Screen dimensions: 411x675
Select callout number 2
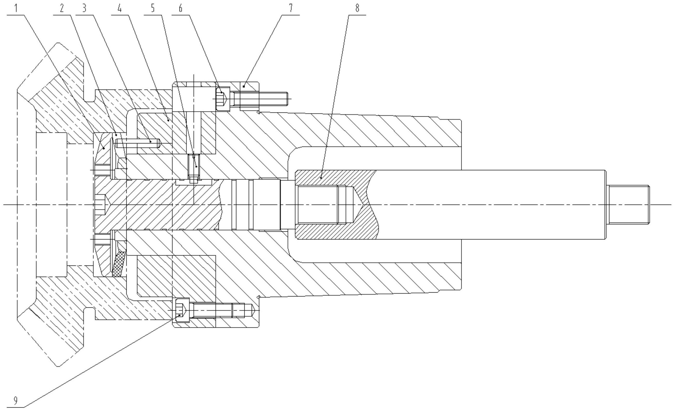(62, 8)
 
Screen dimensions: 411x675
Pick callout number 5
(153, 8)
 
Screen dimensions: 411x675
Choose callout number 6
(180, 8)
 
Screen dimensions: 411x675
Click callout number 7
(291, 8)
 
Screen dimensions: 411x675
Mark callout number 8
(357, 8)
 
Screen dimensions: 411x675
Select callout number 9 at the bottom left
(16, 401)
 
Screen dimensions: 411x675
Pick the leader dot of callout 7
(244, 86)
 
